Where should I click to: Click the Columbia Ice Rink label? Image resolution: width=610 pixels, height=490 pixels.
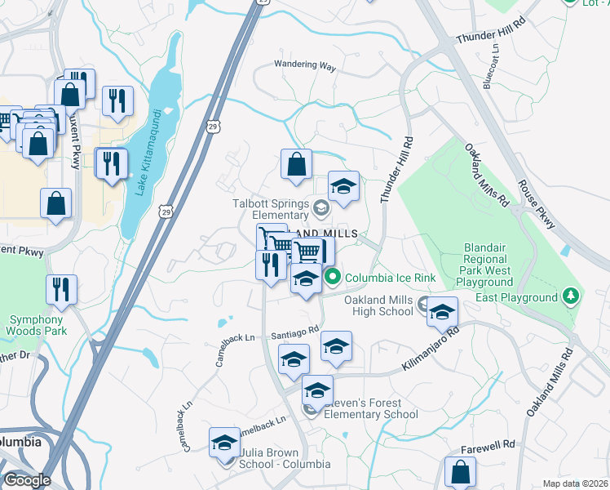click(x=390, y=278)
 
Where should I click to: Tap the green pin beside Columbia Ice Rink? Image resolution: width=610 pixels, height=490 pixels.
click(x=333, y=278)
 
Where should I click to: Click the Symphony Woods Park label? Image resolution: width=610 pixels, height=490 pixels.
click(x=35, y=325)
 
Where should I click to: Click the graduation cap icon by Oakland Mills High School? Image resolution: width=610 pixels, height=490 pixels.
click(x=442, y=313)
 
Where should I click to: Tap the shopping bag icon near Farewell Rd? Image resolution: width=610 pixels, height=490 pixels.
click(x=460, y=472)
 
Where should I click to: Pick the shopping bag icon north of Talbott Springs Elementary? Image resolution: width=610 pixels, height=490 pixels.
click(x=296, y=164)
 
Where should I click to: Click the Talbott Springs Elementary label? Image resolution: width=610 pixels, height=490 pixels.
click(x=272, y=209)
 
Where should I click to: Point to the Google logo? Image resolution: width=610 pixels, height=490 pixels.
click(x=27, y=479)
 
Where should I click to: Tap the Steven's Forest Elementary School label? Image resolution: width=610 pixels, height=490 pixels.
click(x=371, y=408)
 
